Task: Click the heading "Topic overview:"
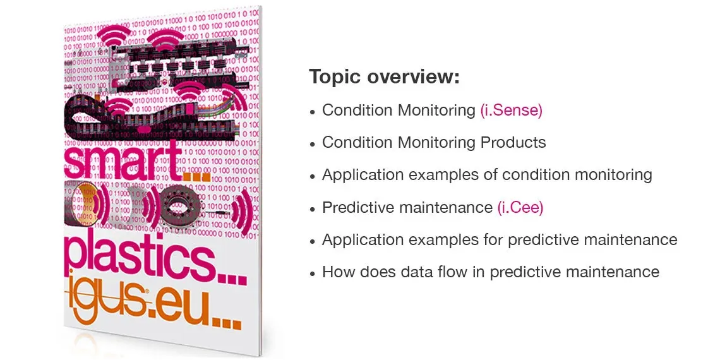384,76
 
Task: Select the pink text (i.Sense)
511,110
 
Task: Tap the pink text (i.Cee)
520,208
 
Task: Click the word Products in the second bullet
513,142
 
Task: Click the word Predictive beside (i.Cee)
358,208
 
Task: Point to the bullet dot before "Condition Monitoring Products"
313,144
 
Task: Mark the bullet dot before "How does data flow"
313,273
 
